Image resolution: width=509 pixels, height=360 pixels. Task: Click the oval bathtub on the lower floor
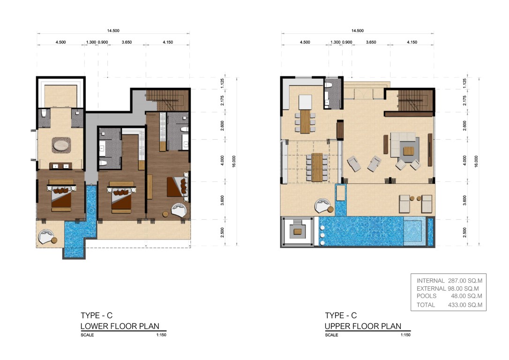pyautogui.click(x=61, y=145)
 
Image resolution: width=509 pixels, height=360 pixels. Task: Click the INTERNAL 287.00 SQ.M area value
pyautogui.click(x=465, y=281)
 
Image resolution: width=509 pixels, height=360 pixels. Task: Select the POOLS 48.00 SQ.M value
pyautogui.click(x=466, y=296)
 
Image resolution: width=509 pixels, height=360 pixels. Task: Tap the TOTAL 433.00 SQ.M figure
pyautogui.click(x=465, y=305)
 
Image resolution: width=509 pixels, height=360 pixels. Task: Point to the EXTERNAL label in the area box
pyautogui.click(x=431, y=288)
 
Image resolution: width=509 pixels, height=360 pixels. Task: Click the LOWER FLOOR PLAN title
pyautogui.click(x=120, y=326)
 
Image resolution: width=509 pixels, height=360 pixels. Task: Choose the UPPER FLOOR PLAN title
pyautogui.click(x=363, y=326)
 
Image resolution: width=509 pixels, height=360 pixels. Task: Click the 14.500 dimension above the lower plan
pyautogui.click(x=113, y=30)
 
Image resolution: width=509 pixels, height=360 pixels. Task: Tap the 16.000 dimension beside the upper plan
pyautogui.click(x=476, y=162)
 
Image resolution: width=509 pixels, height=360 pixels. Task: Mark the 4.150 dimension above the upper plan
pyautogui.click(x=412, y=42)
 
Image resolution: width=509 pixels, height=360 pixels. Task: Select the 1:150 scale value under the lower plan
pyautogui.click(x=161, y=335)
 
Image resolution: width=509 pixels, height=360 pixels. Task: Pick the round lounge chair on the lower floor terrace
pyautogui.click(x=46, y=236)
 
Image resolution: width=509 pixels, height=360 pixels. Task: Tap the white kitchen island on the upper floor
pyautogui.click(x=305, y=102)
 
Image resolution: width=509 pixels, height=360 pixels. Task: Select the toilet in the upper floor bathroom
pyautogui.click(x=328, y=85)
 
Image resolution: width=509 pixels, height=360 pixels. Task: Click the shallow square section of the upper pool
pyautogui.click(x=413, y=231)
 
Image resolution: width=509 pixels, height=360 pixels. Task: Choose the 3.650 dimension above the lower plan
pyautogui.click(x=127, y=42)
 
